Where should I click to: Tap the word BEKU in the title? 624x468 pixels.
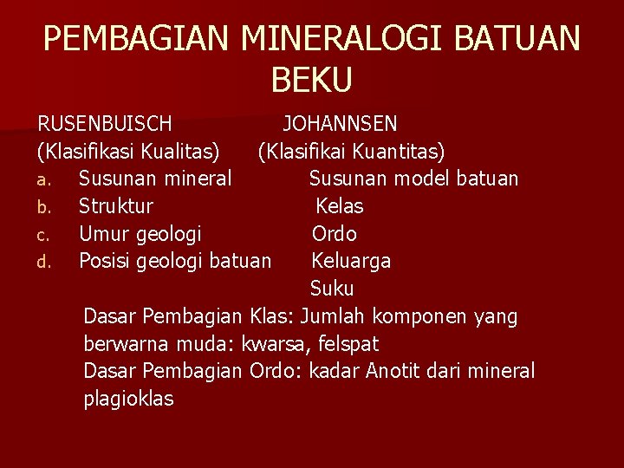(x=312, y=80)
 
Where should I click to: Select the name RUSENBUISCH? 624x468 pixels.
(x=104, y=124)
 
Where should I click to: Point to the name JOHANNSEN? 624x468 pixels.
(x=340, y=124)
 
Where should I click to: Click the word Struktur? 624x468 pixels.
(x=115, y=206)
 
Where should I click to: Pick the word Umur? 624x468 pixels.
(x=102, y=234)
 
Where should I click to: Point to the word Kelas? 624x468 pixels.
(x=340, y=206)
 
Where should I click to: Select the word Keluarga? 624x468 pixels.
(x=351, y=261)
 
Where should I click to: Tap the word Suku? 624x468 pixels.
(x=332, y=289)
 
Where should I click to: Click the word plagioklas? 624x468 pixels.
(x=128, y=400)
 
